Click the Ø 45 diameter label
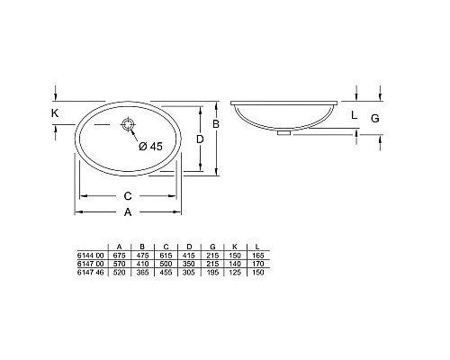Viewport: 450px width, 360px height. point(149,147)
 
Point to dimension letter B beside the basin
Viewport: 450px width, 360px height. point(216,123)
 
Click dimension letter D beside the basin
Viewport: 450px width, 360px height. point(201,139)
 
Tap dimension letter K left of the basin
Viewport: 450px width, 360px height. point(56,113)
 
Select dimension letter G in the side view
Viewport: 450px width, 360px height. point(375,118)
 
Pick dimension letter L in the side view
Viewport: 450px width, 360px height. point(354,114)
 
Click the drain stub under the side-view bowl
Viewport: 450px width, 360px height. point(285,134)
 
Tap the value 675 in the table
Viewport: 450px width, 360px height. point(120,256)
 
